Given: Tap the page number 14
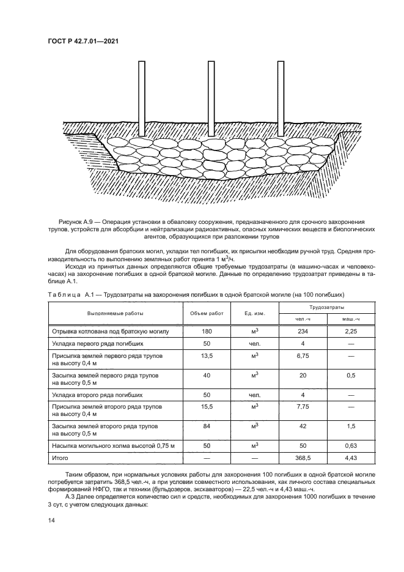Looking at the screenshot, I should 51,520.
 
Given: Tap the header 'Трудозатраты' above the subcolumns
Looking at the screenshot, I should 326,307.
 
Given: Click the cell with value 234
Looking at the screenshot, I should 303,331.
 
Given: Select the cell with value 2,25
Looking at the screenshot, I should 351,331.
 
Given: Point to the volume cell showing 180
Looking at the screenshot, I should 207,331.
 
